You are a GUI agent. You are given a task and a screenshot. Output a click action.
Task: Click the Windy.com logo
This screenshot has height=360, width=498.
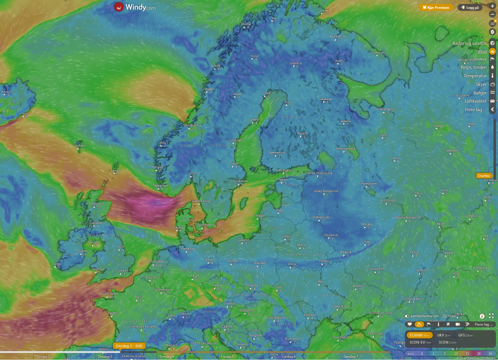pyautogui.click(x=134, y=7)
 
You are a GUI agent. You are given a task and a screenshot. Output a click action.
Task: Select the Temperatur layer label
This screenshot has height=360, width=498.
pyautogui.click(x=474, y=76)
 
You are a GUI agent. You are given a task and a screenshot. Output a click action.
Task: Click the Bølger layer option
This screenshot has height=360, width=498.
pyautogui.click(x=479, y=92)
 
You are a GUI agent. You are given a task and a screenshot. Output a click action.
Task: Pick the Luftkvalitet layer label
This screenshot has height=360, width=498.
pyautogui.click(x=475, y=101)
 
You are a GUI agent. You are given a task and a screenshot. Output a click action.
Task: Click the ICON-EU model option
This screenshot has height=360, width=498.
pyautogui.click(x=417, y=342)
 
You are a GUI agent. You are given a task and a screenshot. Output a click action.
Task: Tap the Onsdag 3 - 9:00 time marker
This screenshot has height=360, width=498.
pyautogui.click(x=129, y=345)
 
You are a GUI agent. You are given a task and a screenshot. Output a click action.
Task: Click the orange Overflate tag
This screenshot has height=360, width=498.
pyautogui.click(x=483, y=175)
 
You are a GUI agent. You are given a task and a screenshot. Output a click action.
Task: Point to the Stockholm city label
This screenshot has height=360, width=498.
pyautogui.click(x=240, y=181)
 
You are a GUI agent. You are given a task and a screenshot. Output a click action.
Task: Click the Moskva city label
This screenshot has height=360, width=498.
pyautogui.click(x=366, y=224)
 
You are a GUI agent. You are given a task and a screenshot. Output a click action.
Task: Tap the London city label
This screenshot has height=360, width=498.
pyautogui.click(x=122, y=270)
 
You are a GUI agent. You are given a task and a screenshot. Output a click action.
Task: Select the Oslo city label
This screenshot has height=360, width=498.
pyautogui.click(x=192, y=173)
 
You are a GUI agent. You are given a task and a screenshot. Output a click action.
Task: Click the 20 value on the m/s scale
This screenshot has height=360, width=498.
pyautogui.click(x=478, y=353)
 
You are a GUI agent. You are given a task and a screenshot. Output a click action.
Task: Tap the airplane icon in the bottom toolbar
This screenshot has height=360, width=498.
pyautogui.click(x=448, y=324)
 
